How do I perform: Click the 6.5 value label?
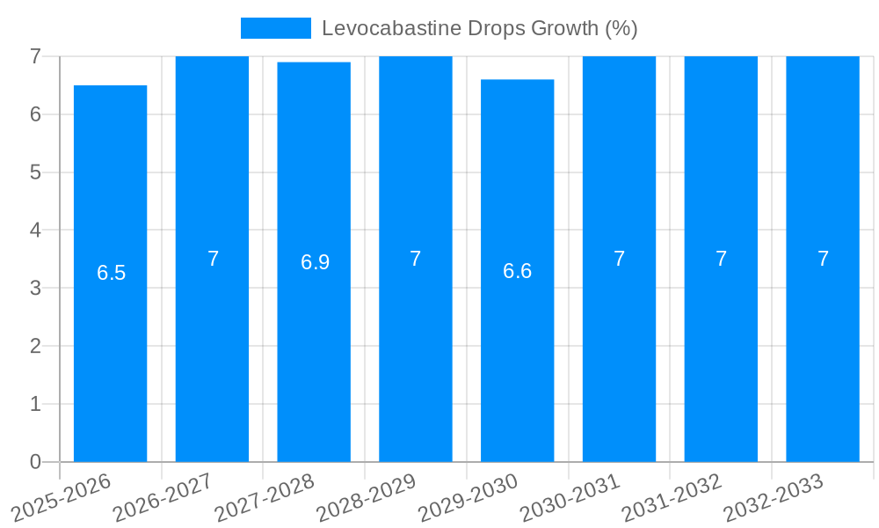[x=112, y=273]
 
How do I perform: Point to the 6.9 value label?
[x=315, y=262]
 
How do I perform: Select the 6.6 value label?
[x=517, y=271]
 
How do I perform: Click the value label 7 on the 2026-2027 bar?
[x=213, y=259]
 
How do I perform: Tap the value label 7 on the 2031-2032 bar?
[x=721, y=259]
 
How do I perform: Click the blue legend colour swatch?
[x=275, y=28]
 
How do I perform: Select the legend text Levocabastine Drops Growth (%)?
[x=479, y=28]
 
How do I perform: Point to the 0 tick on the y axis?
[x=35, y=462]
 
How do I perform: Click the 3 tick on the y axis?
[x=35, y=288]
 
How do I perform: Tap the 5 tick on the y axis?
[x=35, y=172]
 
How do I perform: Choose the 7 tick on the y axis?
[x=35, y=56]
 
